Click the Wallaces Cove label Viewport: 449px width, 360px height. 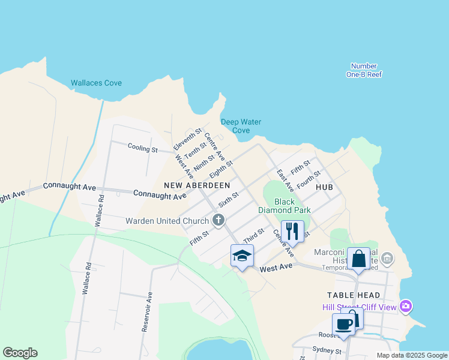pos(96,83)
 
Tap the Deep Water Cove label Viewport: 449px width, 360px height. pos(241,126)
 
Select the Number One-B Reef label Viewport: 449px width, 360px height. pos(364,70)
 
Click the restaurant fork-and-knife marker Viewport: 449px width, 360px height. pos(292,231)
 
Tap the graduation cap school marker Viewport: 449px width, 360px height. pos(242,256)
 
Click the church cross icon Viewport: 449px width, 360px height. pos(218,221)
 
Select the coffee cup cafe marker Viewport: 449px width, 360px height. pos(344,325)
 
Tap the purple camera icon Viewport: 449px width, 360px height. pos(406,306)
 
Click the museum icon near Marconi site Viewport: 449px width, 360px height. pos(387,259)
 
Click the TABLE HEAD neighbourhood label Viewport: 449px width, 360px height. pos(354,295)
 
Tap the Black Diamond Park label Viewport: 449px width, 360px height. pos(285,206)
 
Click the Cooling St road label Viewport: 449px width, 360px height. pos(142,148)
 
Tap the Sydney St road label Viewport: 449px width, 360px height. pos(326,350)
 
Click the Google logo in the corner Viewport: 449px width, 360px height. pos(20,353)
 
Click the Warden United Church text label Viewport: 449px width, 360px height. pos(167,221)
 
